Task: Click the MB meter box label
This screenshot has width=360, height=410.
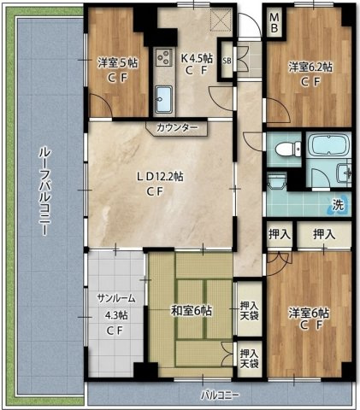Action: (274, 23)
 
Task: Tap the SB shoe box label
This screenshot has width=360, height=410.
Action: (227, 61)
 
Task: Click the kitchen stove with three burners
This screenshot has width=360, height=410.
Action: (164, 56)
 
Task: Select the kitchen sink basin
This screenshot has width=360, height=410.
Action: (163, 100)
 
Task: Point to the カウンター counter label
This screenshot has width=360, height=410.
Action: (177, 127)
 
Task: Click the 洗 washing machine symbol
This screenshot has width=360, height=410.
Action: (339, 205)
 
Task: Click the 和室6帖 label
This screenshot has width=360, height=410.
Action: (192, 311)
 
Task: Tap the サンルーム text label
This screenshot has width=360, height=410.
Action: (115, 298)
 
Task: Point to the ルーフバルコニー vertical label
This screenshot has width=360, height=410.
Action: (44, 191)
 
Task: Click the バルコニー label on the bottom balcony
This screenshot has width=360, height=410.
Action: (220, 395)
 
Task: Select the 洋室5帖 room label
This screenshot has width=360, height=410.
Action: (117, 63)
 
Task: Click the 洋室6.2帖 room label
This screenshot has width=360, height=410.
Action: (310, 67)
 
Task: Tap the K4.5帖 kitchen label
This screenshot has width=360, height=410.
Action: (197, 59)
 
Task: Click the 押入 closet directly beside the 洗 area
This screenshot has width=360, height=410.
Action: (323, 234)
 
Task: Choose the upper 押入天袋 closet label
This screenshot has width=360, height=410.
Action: (249, 310)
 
